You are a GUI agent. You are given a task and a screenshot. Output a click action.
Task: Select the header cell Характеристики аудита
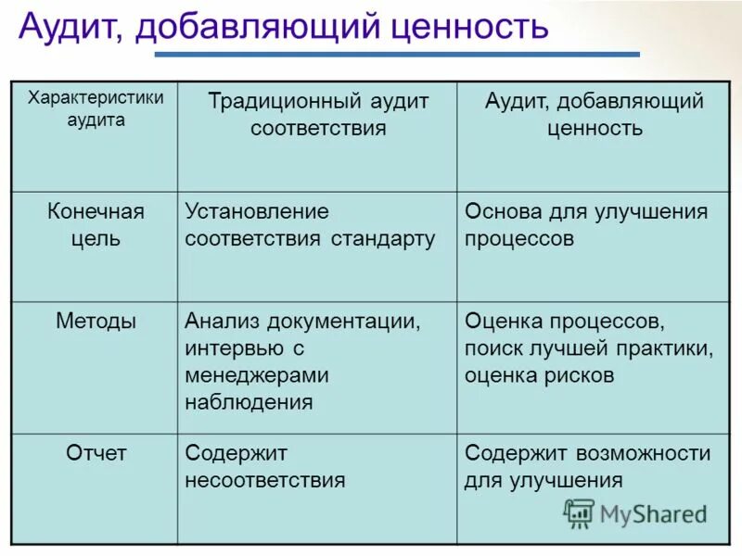pos(95,108)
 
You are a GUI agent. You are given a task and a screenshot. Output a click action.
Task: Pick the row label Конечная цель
pos(96,225)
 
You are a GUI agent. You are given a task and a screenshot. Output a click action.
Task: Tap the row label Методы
pos(96,322)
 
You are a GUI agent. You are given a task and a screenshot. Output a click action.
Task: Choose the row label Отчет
pos(96,453)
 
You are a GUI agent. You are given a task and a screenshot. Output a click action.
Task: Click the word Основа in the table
pos(501,212)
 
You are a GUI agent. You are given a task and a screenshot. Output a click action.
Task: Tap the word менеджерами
pos(257,375)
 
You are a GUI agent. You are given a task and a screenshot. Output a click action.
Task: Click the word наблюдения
pos(249,402)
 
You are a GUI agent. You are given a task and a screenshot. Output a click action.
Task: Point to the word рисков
pos(580,375)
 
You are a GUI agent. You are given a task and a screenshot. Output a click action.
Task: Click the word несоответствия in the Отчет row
pos(265,480)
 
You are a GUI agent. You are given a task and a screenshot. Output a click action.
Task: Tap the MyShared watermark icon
pos(579,513)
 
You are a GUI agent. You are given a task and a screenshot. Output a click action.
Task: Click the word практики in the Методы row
pos(666,348)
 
